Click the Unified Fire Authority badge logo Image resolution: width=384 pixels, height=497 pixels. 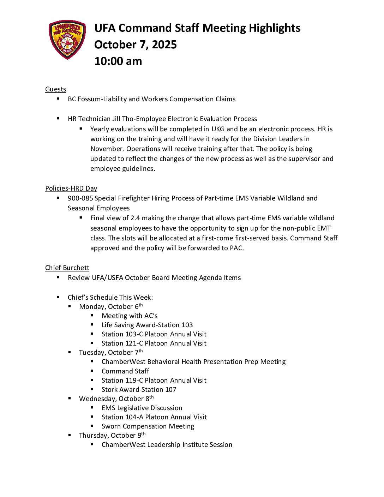tap(67, 40)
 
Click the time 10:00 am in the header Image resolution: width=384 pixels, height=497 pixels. tap(118, 61)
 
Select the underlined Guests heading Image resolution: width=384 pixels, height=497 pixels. tap(55, 89)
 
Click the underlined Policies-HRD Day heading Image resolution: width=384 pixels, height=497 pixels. tap(71, 188)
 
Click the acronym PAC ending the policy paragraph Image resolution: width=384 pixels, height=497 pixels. tap(236, 248)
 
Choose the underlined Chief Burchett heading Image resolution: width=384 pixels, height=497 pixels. tap(67, 268)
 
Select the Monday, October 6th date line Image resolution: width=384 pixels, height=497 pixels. tap(111, 306)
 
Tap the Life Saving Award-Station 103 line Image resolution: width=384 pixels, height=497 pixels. tap(147, 325)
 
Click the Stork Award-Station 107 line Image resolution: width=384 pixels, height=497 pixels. tap(139, 390)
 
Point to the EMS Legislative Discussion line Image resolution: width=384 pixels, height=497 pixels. tap(142, 408)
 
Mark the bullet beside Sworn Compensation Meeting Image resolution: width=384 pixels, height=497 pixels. tap(92, 426)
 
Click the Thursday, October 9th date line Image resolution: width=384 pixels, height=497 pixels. tap(112, 436)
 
